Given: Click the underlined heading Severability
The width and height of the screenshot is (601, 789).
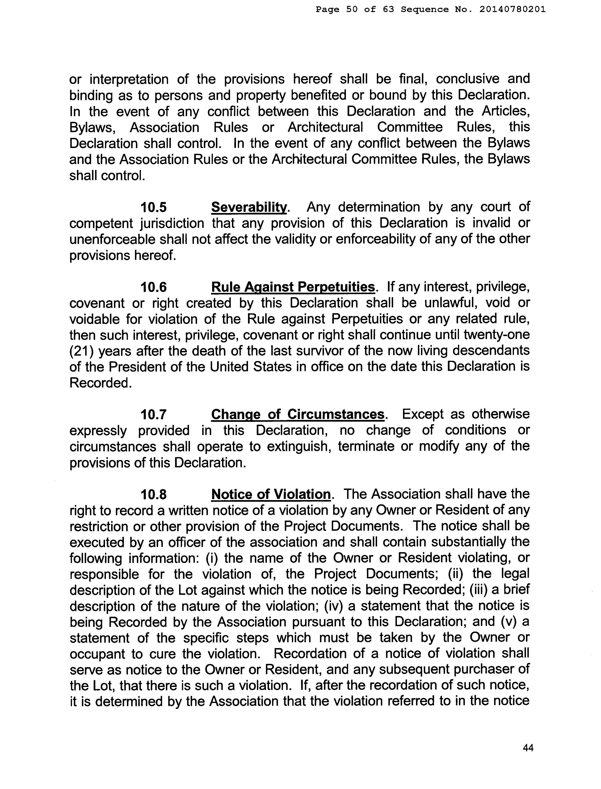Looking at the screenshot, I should coord(249,207).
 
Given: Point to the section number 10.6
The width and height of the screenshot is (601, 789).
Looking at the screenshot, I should coord(154,287).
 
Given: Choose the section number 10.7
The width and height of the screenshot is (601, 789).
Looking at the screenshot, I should coord(154,415).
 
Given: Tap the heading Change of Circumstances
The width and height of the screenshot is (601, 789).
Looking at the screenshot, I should coord(298,415).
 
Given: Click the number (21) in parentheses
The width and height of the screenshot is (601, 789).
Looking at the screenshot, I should coord(82,351).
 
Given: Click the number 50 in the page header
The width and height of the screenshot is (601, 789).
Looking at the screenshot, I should coord(352,10).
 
